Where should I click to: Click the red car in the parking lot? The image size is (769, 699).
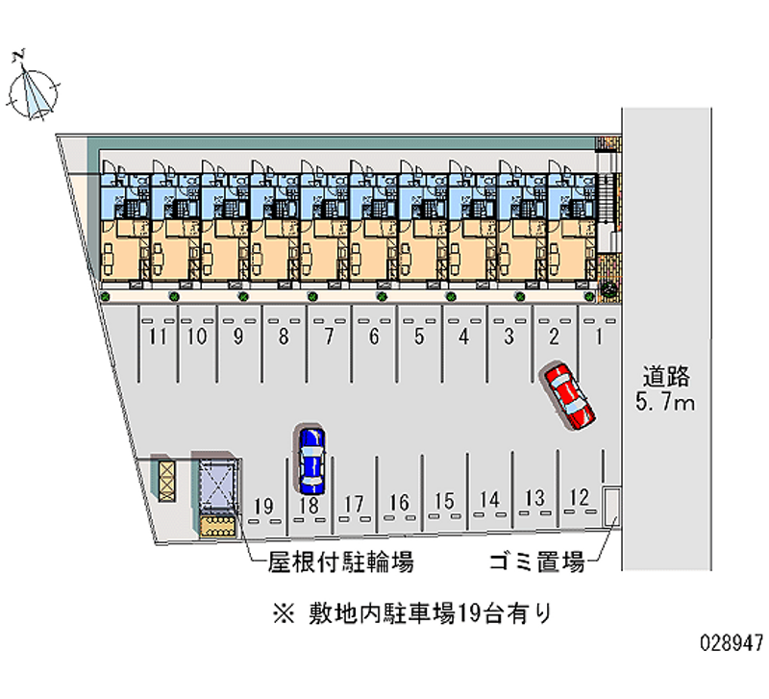click(x=567, y=395)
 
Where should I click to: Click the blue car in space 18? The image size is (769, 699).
click(x=310, y=457)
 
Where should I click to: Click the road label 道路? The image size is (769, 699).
click(x=665, y=376)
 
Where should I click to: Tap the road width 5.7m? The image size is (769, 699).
click(x=665, y=402)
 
